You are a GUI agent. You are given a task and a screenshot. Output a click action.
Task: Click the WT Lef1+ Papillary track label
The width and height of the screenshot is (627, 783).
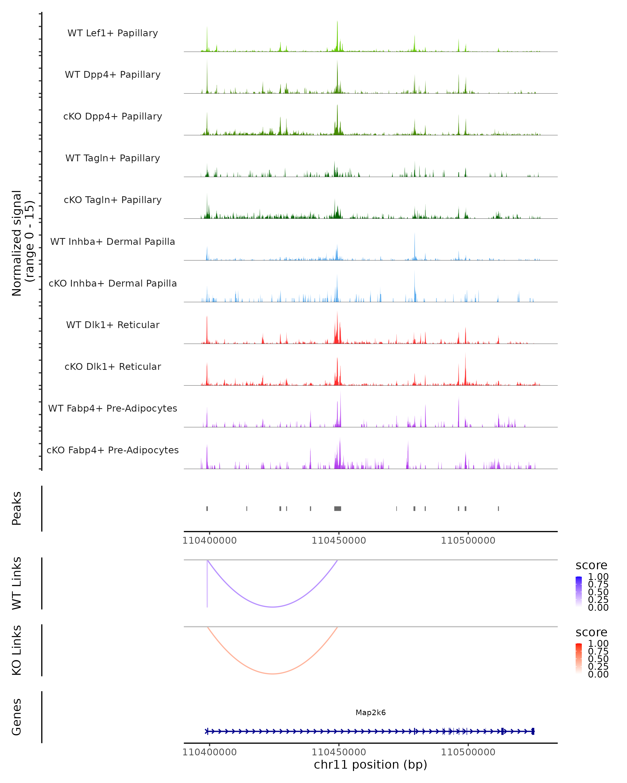113,33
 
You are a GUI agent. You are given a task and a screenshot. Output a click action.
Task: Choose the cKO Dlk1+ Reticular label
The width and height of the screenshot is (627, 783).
113,366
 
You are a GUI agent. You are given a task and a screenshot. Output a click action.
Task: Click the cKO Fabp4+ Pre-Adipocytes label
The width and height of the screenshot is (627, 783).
113,450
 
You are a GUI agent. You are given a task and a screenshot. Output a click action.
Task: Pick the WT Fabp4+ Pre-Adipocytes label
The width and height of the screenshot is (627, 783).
113,408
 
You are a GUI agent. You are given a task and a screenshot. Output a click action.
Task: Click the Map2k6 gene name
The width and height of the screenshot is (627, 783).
370,713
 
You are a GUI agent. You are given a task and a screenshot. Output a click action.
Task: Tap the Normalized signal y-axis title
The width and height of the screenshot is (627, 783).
22,243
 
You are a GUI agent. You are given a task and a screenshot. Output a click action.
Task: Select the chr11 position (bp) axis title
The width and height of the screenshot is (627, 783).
370,764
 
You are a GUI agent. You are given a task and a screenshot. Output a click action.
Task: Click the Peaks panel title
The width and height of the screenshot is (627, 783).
17,508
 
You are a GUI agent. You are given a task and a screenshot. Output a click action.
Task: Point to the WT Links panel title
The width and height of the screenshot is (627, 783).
17,583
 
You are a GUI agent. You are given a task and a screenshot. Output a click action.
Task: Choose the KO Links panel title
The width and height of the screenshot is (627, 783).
17,650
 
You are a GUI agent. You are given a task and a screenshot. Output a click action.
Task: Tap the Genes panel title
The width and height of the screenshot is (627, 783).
17,717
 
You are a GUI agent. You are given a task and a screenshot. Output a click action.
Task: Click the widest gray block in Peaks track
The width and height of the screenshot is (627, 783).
338,508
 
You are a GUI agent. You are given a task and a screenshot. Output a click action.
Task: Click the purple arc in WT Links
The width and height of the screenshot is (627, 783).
272,607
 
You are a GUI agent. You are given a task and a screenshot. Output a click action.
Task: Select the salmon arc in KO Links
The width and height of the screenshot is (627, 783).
272,674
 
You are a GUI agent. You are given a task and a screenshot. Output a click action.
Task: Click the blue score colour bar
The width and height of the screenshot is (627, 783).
579,592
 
